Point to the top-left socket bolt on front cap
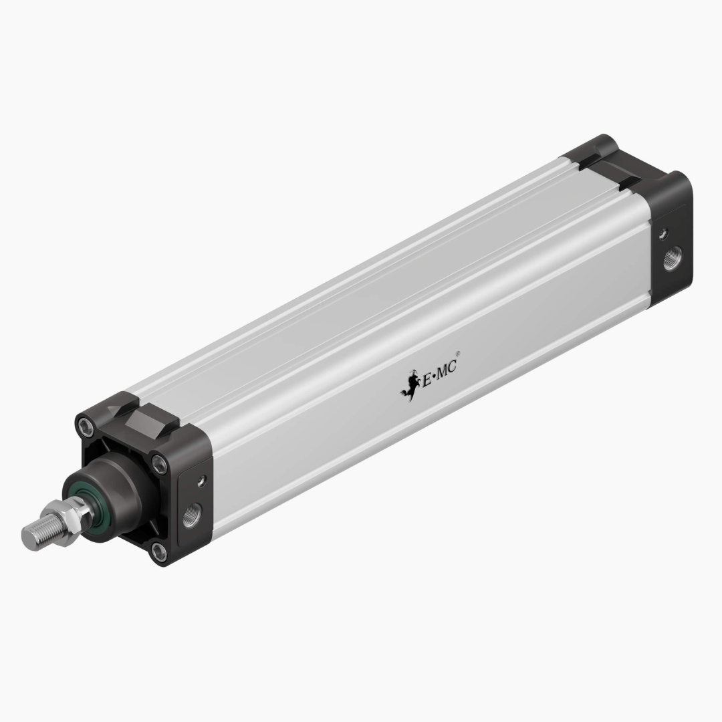[x=85, y=425]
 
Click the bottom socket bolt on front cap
[x=158, y=552]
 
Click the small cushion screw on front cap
[x=199, y=479]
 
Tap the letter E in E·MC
[x=426, y=378]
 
